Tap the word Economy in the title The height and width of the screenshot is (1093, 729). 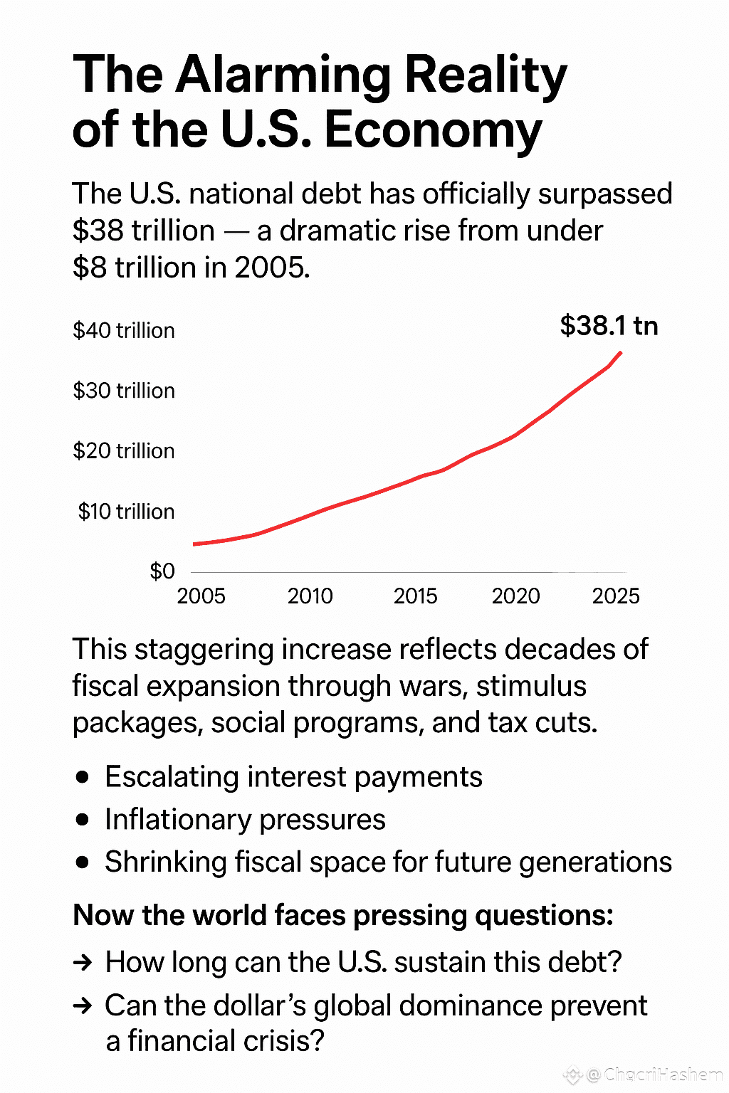433,130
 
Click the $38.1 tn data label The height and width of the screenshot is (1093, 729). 609,325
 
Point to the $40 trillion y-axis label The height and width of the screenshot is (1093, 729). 124,331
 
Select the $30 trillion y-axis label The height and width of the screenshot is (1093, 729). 124,391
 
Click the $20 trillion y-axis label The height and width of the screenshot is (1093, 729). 124,451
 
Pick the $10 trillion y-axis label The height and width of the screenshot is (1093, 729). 126,512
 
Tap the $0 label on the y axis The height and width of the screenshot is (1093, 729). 162,571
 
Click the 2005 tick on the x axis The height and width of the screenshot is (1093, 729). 201,596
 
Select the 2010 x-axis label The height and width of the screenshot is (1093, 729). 310,596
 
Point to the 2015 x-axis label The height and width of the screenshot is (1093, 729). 416,596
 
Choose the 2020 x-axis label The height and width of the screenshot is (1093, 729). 515,596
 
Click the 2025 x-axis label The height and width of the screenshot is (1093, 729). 616,596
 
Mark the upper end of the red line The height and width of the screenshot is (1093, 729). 621,352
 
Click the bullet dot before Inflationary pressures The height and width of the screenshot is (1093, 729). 83,819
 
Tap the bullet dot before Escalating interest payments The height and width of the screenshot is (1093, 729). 83,776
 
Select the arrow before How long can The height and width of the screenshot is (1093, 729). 83,963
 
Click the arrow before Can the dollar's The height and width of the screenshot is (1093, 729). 83,1005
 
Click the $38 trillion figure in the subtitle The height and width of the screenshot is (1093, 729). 144,231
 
